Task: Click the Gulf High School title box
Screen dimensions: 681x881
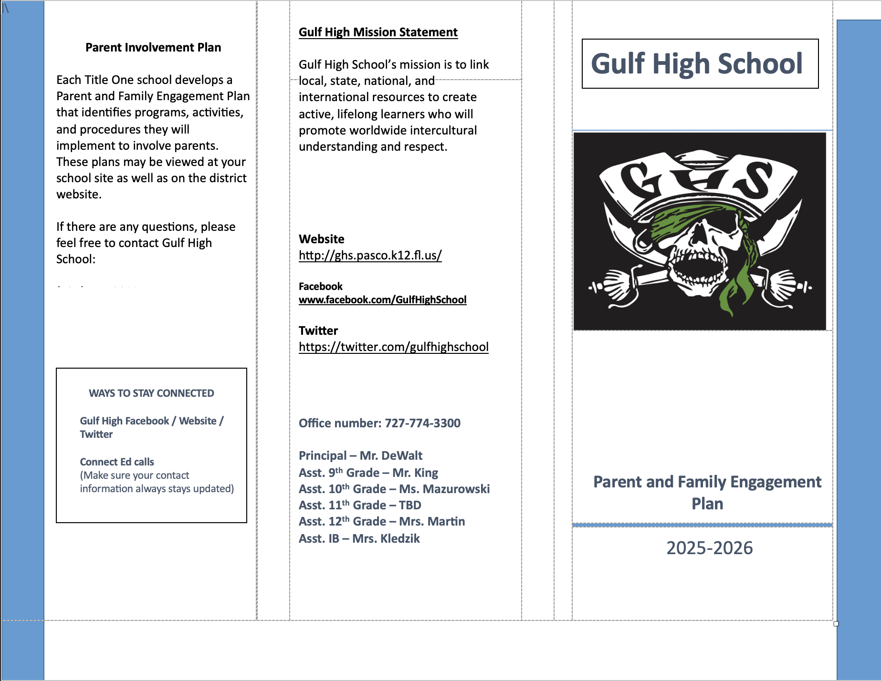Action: click(x=700, y=63)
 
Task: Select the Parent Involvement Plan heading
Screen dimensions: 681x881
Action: click(x=153, y=47)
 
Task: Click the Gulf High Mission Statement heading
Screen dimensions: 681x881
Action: click(x=378, y=32)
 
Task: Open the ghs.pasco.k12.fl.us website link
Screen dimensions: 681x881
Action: click(x=370, y=255)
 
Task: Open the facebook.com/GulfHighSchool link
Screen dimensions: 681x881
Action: click(x=382, y=299)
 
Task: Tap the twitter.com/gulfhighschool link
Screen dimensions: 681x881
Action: click(x=393, y=347)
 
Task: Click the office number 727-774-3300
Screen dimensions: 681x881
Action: click(x=422, y=423)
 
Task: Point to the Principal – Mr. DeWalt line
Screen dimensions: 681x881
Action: click(x=360, y=455)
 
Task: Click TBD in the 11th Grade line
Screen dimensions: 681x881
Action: click(x=410, y=505)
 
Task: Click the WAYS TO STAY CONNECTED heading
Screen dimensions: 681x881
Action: click(x=151, y=393)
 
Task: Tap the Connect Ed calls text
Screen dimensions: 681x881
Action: click(x=117, y=462)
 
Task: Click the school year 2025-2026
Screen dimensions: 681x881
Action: click(x=709, y=548)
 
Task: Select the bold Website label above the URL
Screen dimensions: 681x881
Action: click(x=321, y=239)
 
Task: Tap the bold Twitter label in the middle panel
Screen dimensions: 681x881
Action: click(x=318, y=330)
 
